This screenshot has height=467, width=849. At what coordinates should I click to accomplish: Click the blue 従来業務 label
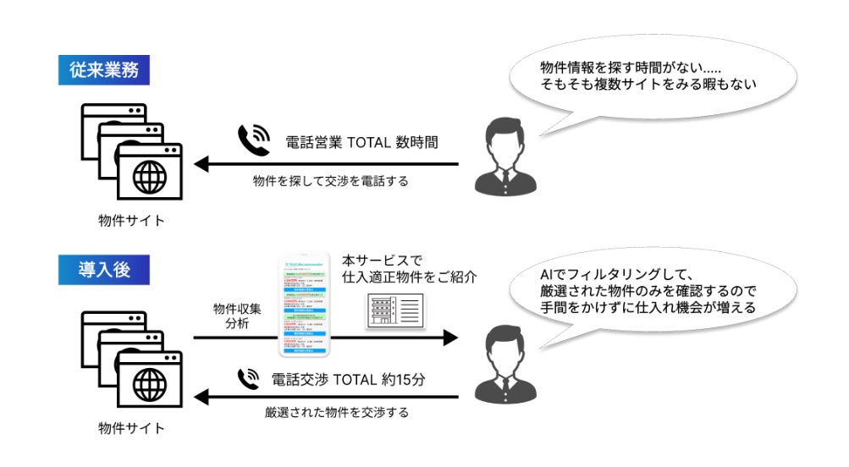[x=104, y=70]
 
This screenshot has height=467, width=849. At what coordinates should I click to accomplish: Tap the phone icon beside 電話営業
[x=253, y=140]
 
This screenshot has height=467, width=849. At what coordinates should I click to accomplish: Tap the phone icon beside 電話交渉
[x=249, y=377]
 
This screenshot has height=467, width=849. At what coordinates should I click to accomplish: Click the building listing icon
[x=394, y=311]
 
